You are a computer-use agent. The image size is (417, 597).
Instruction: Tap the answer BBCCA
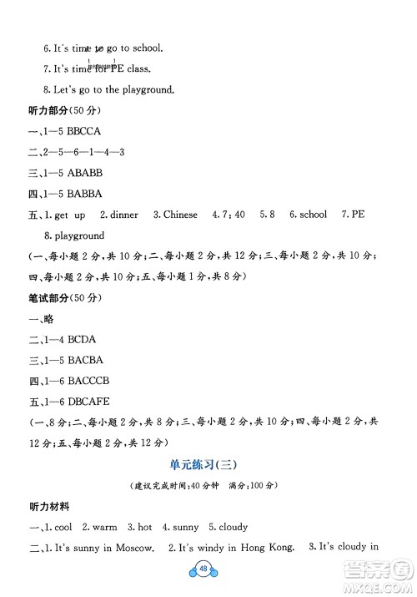tap(73, 131)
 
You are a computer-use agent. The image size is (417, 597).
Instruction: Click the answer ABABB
tap(73, 173)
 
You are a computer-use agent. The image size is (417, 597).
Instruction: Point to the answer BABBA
tap(73, 194)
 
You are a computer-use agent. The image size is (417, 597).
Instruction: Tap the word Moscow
tap(133, 548)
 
